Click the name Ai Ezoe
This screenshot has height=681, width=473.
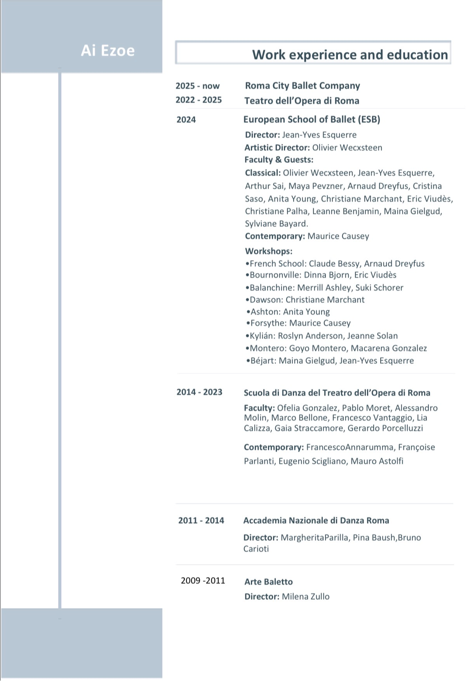pyautogui.click(x=108, y=51)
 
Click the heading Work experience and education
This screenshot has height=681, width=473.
pyautogui.click(x=350, y=55)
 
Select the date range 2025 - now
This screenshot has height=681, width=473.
pyautogui.click(x=197, y=86)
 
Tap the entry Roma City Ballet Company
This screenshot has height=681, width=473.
pyautogui.click(x=303, y=85)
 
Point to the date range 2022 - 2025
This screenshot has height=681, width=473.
pyautogui.click(x=198, y=100)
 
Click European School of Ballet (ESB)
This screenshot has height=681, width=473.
pyautogui.click(x=311, y=119)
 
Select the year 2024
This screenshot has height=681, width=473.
pyautogui.click(x=186, y=120)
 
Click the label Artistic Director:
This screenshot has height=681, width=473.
pyautogui.click(x=277, y=147)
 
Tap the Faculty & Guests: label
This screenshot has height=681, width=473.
pyautogui.click(x=279, y=159)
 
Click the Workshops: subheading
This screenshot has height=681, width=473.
pyautogui.click(x=269, y=251)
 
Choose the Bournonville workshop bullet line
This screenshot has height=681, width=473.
pyautogui.click(x=321, y=275)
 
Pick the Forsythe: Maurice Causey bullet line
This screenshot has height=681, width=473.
pyautogui.click(x=299, y=323)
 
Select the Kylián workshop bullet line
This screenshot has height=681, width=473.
pyautogui.click(x=322, y=336)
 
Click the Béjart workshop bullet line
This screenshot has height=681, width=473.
pyautogui.click(x=330, y=360)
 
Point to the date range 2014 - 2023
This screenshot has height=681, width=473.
pyautogui.click(x=199, y=392)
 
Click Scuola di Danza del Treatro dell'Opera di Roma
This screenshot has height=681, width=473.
pyautogui.click(x=337, y=393)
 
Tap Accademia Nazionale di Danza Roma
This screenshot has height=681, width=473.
pyautogui.click(x=316, y=520)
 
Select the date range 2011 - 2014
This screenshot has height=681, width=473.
pyautogui.click(x=201, y=520)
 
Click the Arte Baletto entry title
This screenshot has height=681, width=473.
pyautogui.click(x=268, y=582)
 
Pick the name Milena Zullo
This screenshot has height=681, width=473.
pyautogui.click(x=306, y=596)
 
